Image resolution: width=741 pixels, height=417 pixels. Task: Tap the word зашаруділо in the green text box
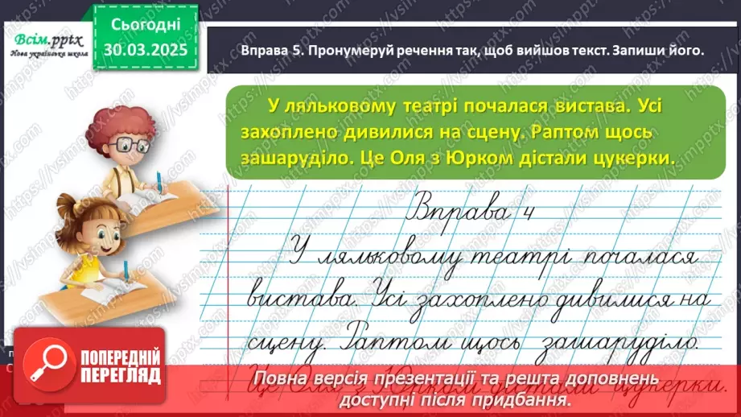(290, 159)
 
